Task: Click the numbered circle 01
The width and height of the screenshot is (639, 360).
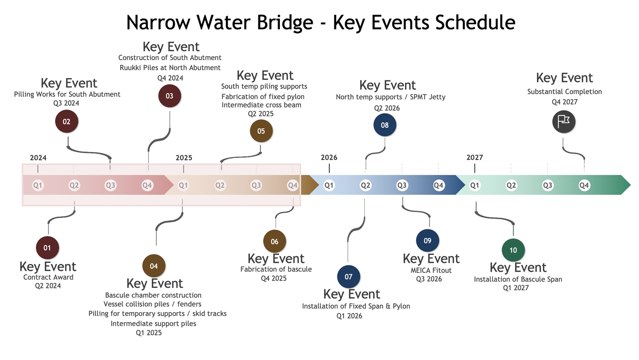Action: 47,248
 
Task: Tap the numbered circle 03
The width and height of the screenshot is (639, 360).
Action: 169,96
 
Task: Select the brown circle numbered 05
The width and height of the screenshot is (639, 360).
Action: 261,131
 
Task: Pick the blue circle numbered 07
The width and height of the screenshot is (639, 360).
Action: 349,277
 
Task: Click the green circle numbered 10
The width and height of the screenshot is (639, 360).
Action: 513,250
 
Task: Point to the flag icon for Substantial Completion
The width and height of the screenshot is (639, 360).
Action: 564,122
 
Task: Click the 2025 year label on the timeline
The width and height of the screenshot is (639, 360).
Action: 184,158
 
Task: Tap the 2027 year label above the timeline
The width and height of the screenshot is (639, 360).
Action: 475,157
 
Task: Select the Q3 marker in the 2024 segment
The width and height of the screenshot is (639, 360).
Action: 110,185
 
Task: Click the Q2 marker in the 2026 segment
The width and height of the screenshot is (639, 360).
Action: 366,185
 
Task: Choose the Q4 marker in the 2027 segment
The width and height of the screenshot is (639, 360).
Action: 584,185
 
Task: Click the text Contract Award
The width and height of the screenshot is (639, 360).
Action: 48,277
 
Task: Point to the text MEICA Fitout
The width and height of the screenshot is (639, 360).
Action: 431,270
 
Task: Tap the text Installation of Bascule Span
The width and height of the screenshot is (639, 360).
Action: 518,279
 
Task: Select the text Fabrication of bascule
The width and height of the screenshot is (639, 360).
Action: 276,269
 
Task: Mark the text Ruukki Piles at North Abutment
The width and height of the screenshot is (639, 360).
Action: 170,68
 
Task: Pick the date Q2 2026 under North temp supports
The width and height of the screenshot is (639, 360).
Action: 387,108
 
